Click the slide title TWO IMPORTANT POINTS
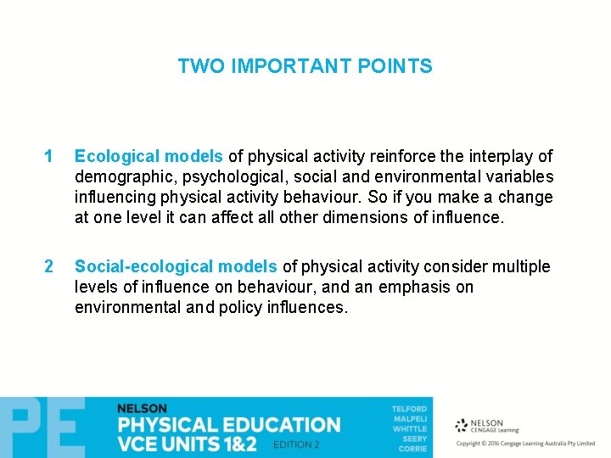[x=305, y=66]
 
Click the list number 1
[x=48, y=157]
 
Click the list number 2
[x=48, y=267]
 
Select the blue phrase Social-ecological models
[x=176, y=267]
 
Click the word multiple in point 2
[x=521, y=267]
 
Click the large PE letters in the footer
[x=42, y=428]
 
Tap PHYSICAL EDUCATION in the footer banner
[x=228, y=425]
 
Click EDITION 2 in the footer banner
[x=296, y=444]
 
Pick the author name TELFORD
[x=409, y=409]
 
